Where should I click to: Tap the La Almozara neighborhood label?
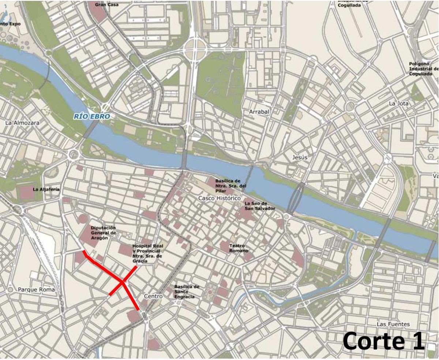pyautogui.click(x=22, y=123)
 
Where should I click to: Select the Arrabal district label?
pyautogui.click(x=259, y=112)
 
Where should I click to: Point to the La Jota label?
pyautogui.click(x=398, y=104)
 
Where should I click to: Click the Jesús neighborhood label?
pyautogui.click(x=300, y=157)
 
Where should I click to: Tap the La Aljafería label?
pyautogui.click(x=46, y=190)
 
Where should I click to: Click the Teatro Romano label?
pyautogui.click(x=239, y=248)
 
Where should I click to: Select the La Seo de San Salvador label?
pyautogui.click(x=260, y=206)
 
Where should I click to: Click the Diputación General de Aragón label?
pyautogui.click(x=103, y=233)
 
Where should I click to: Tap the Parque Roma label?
pyautogui.click(x=36, y=289)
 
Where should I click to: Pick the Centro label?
pyautogui.click(x=153, y=296)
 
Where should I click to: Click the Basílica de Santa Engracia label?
pyautogui.click(x=187, y=292)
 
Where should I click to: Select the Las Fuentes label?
pyautogui.click(x=393, y=324)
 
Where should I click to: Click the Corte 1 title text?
pyautogui.click(x=384, y=341)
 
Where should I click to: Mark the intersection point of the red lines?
pyautogui.click(x=123, y=281)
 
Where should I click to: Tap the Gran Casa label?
pyautogui.click(x=106, y=5)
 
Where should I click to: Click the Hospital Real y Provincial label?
pyautogui.click(x=147, y=254)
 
